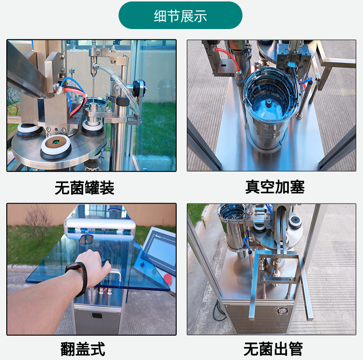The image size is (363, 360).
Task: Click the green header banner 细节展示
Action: [181, 16]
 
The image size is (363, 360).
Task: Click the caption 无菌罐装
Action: [85, 188]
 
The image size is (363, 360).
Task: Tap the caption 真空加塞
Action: [275, 187]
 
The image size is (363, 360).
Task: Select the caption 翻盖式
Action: [83, 349]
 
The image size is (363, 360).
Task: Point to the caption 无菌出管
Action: [273, 349]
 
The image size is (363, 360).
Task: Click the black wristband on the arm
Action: [79, 277]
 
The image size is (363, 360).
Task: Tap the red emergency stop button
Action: [167, 278]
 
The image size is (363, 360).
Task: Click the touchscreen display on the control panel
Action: [161, 251]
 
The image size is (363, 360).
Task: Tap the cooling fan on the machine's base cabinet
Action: [282, 311]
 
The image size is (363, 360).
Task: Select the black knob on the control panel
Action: [142, 264]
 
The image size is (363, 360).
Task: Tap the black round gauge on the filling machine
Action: [138, 86]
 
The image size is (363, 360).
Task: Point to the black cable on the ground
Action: [219, 311]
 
